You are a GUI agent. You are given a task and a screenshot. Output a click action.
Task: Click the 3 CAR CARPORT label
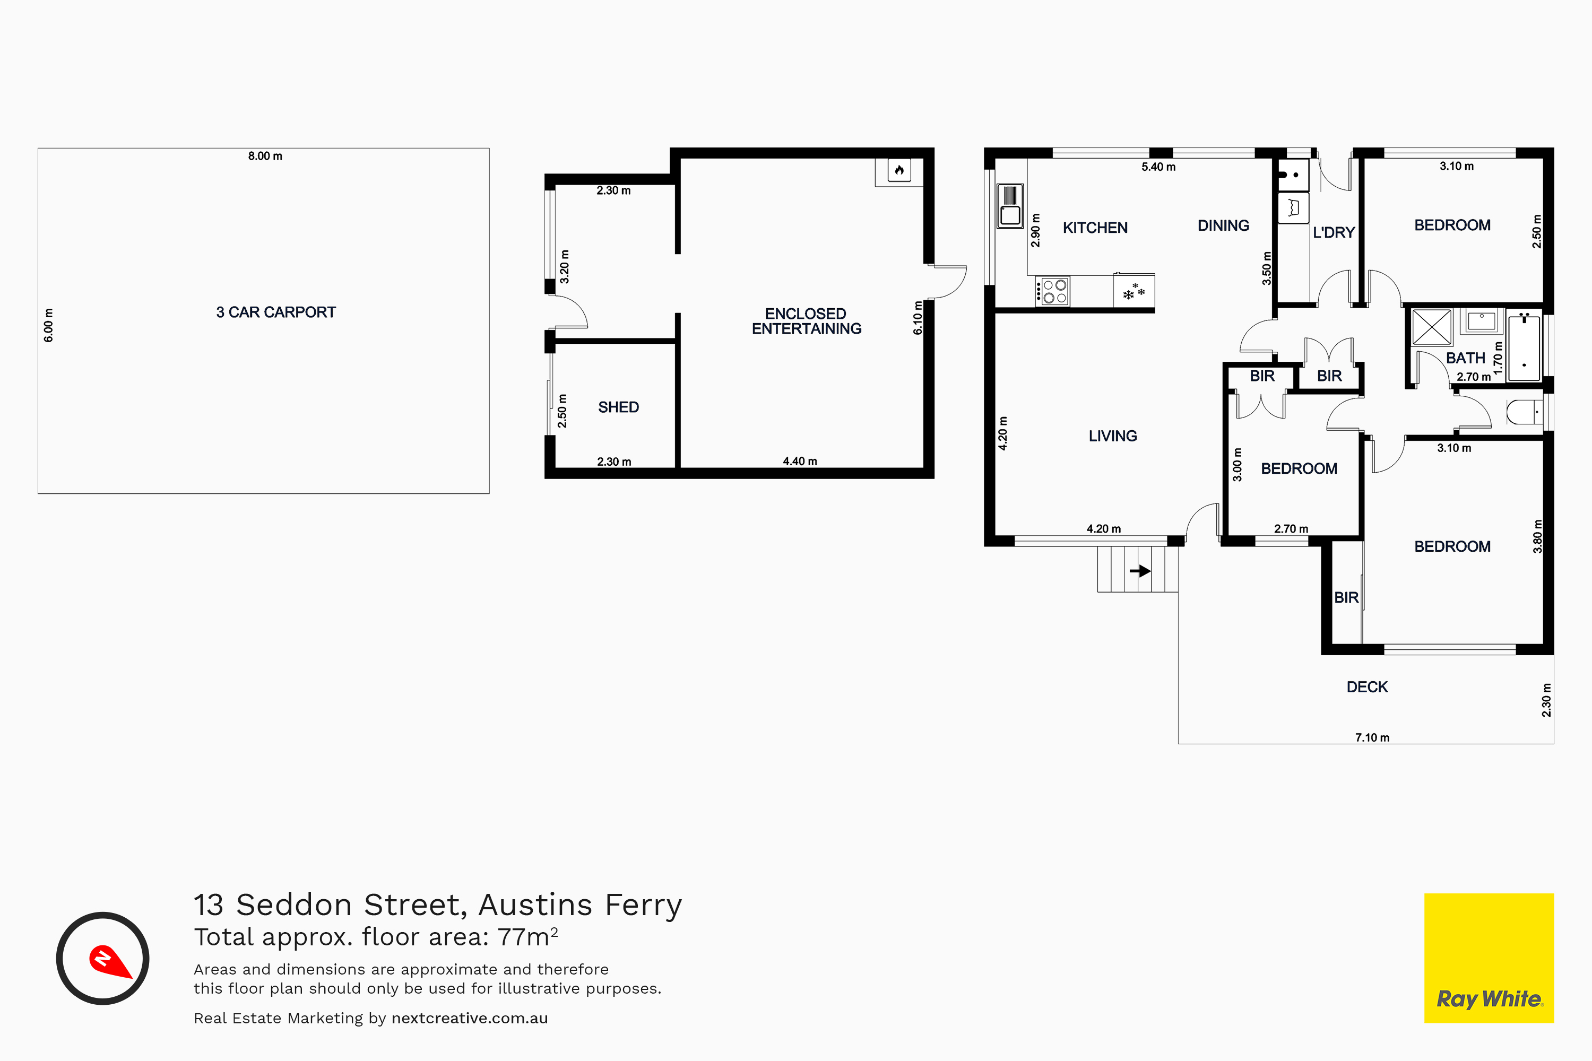coord(275,312)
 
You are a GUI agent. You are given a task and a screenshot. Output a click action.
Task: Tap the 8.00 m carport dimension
coord(265,155)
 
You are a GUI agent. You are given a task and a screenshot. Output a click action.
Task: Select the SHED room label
coord(618,407)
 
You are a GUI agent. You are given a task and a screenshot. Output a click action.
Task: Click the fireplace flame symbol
coord(899,170)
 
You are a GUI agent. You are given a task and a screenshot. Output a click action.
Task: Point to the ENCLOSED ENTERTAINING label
coord(806,321)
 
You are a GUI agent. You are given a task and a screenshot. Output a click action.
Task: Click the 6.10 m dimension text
coord(918,318)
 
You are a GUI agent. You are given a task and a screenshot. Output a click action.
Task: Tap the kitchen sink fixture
coord(1010,206)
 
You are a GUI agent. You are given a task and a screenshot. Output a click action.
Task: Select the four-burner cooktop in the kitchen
coord(1052,291)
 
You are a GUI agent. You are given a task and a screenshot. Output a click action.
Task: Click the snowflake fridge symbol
coord(1134,292)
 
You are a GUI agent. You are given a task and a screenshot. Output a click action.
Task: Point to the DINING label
coord(1223,225)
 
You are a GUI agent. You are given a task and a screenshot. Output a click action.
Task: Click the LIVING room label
coord(1113,436)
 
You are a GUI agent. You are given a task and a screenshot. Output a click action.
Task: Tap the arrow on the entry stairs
coord(1140,570)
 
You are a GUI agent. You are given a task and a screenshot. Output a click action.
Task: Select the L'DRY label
coord(1334,232)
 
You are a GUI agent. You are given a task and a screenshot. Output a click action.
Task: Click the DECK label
coord(1366,687)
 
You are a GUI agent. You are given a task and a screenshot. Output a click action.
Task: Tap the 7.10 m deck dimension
coord(1372,737)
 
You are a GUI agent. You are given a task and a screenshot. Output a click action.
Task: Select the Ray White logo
coord(1489,958)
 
